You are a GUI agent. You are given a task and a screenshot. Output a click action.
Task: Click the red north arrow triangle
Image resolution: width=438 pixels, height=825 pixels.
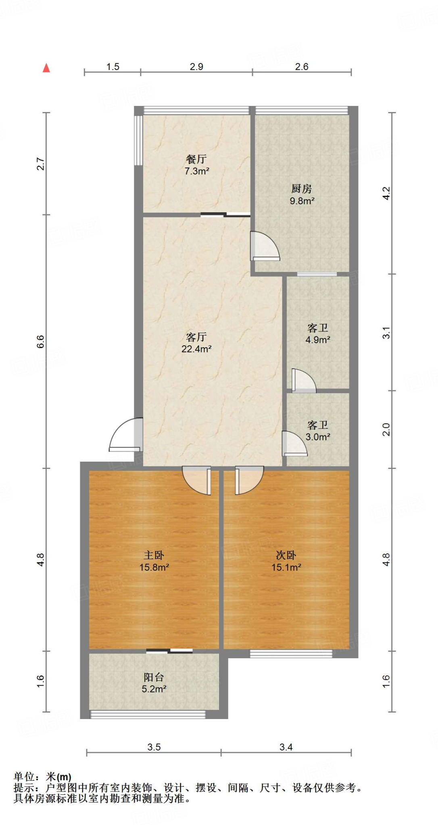tap(46, 68)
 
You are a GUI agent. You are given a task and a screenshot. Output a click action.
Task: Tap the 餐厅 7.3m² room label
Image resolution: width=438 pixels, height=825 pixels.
tap(196, 165)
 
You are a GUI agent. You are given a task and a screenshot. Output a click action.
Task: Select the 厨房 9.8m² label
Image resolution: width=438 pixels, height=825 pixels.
tap(302, 195)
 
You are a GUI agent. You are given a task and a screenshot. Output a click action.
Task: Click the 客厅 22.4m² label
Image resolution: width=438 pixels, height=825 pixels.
tap(196, 343)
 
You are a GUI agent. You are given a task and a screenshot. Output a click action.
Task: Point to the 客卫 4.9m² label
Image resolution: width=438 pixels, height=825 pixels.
tap(318, 334)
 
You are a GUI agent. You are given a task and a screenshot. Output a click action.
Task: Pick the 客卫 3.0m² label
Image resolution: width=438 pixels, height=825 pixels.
tap(318, 431)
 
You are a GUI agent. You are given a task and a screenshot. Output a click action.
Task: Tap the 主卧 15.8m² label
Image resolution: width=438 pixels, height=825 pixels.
tap(154, 561)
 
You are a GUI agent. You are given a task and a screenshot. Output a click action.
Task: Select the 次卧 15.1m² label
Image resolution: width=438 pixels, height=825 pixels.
tap(286, 561)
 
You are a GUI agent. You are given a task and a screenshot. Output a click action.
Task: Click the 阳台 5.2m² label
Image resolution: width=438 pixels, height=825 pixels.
tap(154, 683)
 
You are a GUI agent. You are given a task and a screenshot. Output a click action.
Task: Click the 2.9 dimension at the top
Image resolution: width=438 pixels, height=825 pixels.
tap(196, 67)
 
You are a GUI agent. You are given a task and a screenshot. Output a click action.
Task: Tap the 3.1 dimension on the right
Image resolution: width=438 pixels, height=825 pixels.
tap(386, 333)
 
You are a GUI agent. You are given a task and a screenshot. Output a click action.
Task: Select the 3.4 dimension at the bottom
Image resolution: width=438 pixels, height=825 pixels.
tap(286, 747)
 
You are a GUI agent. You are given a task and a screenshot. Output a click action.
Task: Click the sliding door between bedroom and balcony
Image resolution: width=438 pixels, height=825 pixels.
tap(169, 651)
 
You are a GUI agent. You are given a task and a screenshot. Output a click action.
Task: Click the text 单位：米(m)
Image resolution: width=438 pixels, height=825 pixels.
tap(42, 777)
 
